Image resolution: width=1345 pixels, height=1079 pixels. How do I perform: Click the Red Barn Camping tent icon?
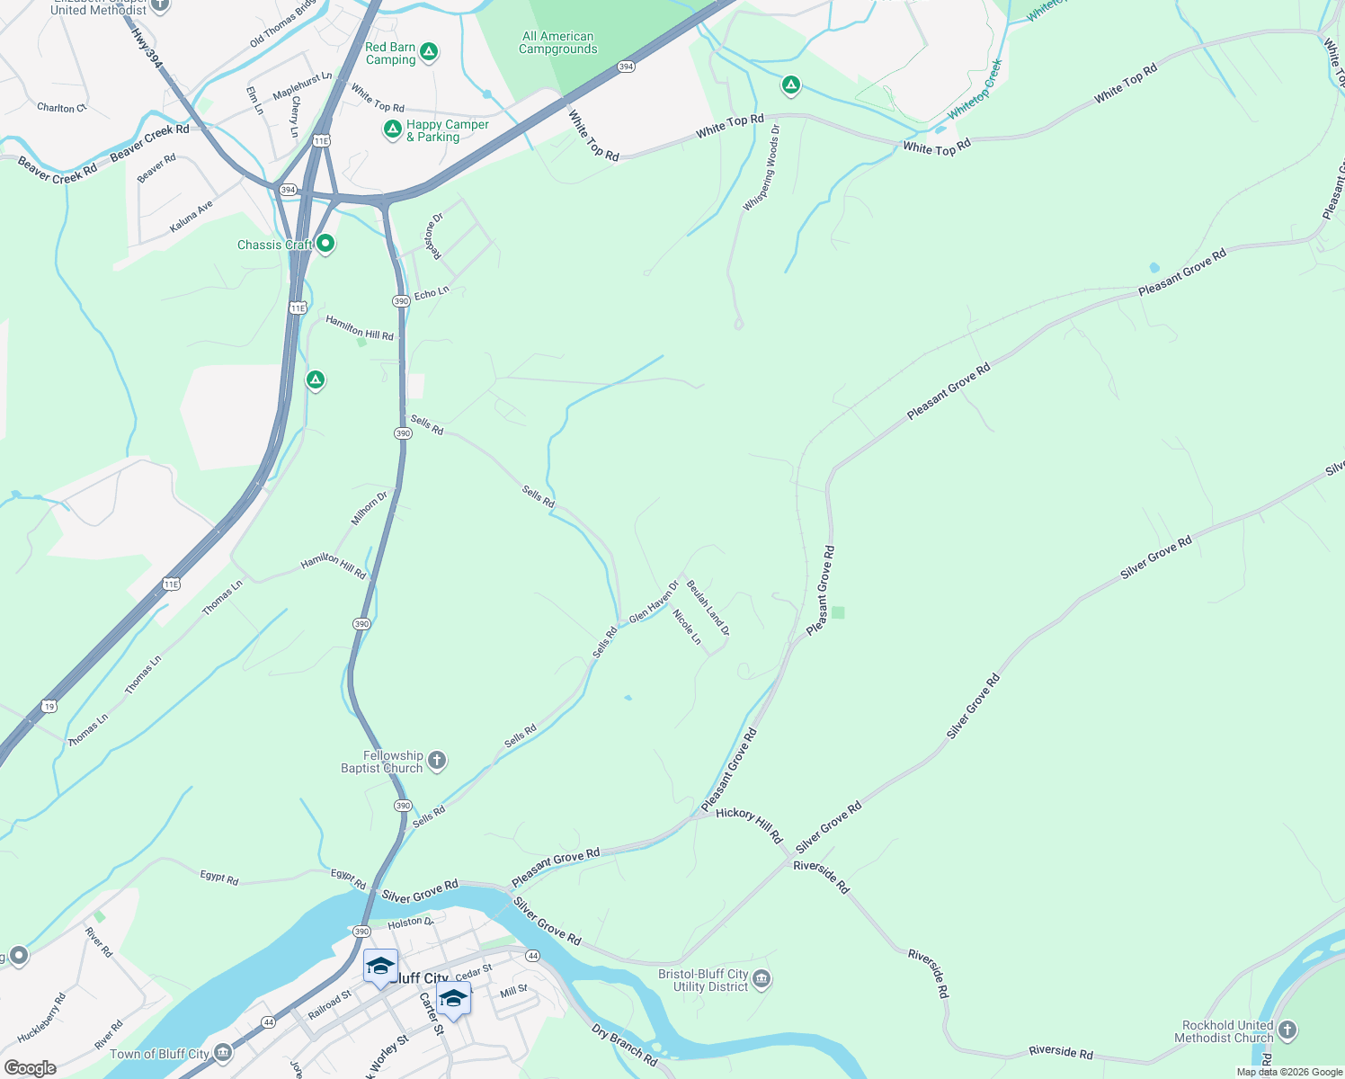[430, 52]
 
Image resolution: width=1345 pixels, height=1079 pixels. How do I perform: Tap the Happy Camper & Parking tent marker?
[393, 130]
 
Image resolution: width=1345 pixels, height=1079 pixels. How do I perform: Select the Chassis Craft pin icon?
[325, 244]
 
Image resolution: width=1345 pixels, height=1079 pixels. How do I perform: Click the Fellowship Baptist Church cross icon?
[436, 762]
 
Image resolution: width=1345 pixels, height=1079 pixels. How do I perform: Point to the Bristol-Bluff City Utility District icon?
[762, 979]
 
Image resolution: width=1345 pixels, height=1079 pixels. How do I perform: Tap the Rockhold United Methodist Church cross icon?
[1287, 1030]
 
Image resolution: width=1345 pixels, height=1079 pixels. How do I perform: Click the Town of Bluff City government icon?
[222, 1053]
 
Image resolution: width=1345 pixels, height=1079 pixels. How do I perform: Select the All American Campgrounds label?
[557, 43]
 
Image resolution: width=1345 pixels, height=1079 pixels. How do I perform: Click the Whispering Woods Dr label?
[761, 169]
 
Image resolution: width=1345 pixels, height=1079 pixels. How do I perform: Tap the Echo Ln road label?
[432, 293]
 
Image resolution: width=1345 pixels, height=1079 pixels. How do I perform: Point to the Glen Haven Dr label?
[654, 602]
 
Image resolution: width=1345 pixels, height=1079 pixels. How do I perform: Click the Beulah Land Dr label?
[708, 608]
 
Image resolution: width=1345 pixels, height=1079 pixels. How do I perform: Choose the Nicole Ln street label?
[687, 627]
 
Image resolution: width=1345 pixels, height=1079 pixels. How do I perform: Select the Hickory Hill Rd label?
[749, 824]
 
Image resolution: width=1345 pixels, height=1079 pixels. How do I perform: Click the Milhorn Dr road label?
[370, 508]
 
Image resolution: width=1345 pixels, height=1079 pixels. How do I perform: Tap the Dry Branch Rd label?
[625, 1045]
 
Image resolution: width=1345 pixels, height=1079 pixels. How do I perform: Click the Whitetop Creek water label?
[975, 90]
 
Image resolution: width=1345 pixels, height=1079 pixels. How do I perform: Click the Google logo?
[30, 1068]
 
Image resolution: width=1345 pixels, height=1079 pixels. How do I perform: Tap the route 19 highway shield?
[49, 707]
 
